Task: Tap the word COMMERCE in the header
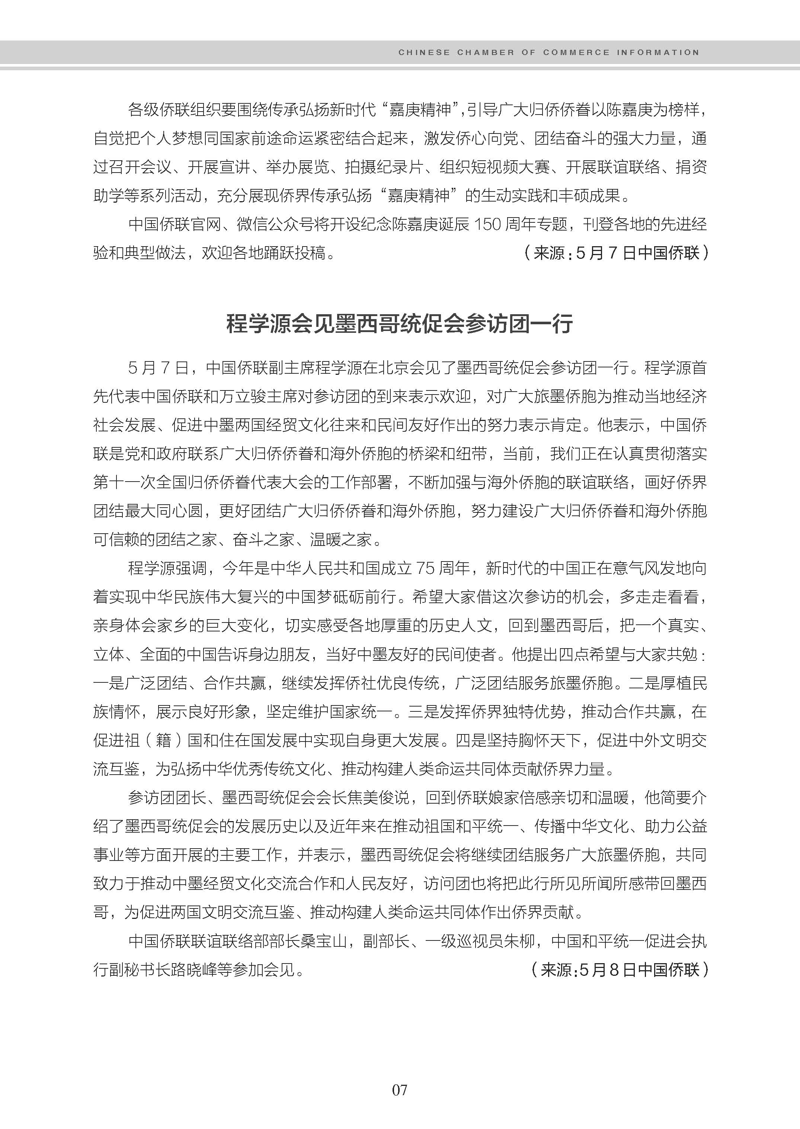coord(576,52)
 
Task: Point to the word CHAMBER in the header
coord(485,52)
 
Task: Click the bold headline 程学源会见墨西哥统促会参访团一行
coord(400,324)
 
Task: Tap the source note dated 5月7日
coord(616,253)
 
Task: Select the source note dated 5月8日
coord(620,969)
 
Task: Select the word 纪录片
coord(399,167)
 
